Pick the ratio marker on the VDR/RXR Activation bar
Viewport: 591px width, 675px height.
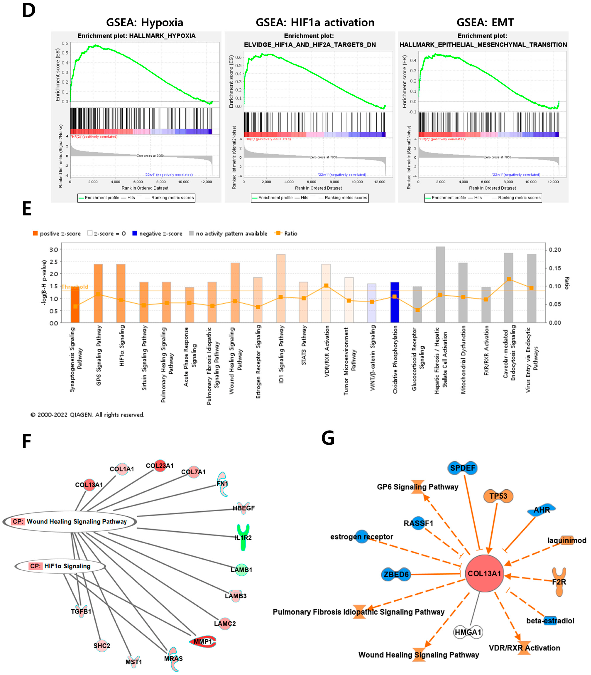tap(326, 285)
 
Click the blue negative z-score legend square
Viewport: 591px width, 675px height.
tap(135, 233)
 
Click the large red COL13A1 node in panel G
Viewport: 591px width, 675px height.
tap(484, 574)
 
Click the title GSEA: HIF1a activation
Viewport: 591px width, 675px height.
tap(315, 22)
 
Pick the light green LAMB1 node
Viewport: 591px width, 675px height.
tap(242, 570)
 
